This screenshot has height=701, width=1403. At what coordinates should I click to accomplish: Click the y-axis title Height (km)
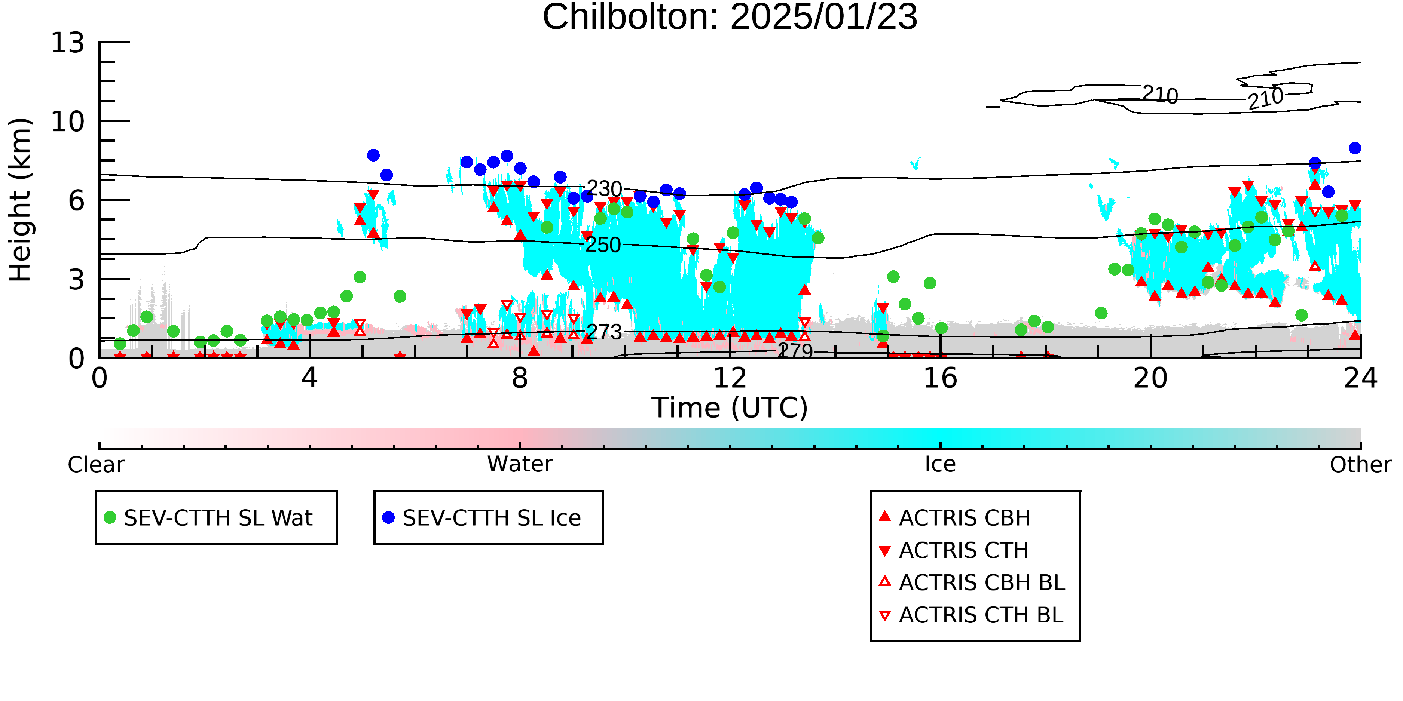[x=20, y=200]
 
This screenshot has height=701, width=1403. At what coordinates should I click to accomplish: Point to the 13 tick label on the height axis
[x=68, y=43]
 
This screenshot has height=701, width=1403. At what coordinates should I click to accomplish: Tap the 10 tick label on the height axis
[x=68, y=122]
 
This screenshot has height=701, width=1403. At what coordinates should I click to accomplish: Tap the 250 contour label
[x=603, y=245]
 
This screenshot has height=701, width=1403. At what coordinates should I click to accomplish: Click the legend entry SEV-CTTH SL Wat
[x=209, y=517]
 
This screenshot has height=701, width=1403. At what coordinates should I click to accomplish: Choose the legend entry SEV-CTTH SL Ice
[x=482, y=517]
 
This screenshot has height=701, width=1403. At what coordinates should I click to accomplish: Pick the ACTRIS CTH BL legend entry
[x=971, y=615]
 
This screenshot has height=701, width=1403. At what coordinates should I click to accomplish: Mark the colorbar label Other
[x=1360, y=465]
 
